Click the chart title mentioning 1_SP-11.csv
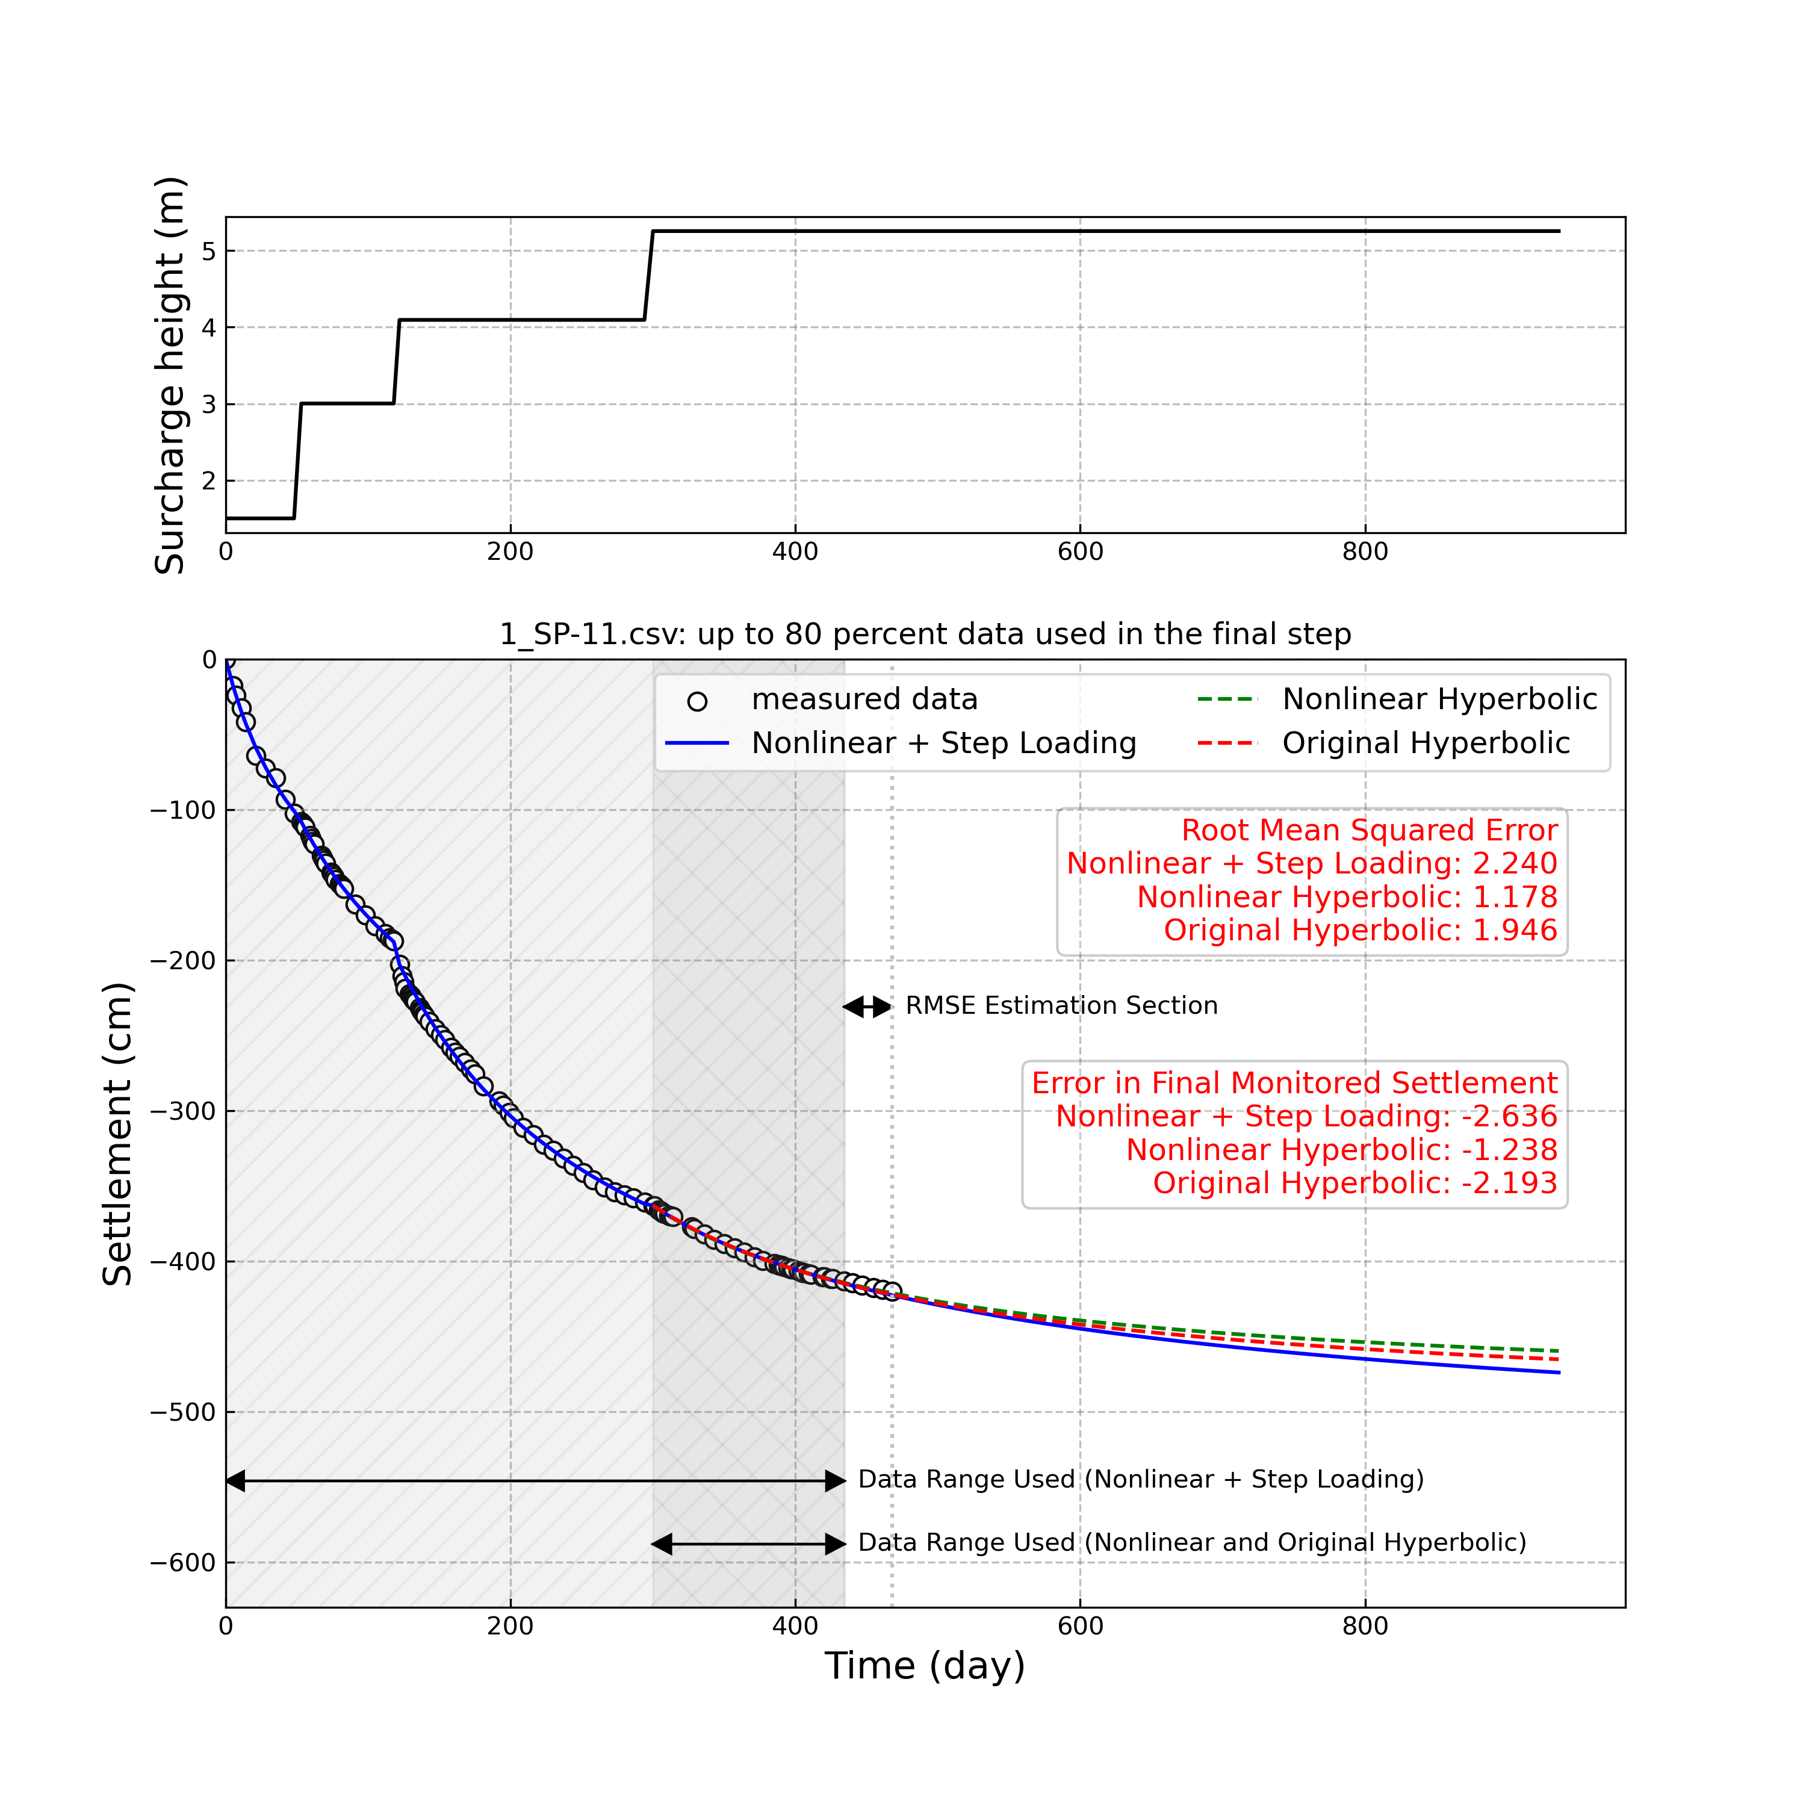tap(925, 635)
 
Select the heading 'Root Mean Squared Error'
tap(1368, 830)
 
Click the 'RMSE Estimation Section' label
tap(1061, 1006)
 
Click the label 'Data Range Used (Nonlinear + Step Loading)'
tap(1140, 1480)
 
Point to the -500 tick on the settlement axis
tap(182, 1412)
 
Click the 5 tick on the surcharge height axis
tap(208, 252)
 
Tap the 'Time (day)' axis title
tap(925, 1667)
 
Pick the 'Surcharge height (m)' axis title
tap(170, 375)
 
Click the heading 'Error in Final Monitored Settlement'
tap(1294, 1084)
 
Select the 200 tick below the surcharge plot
tap(510, 553)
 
